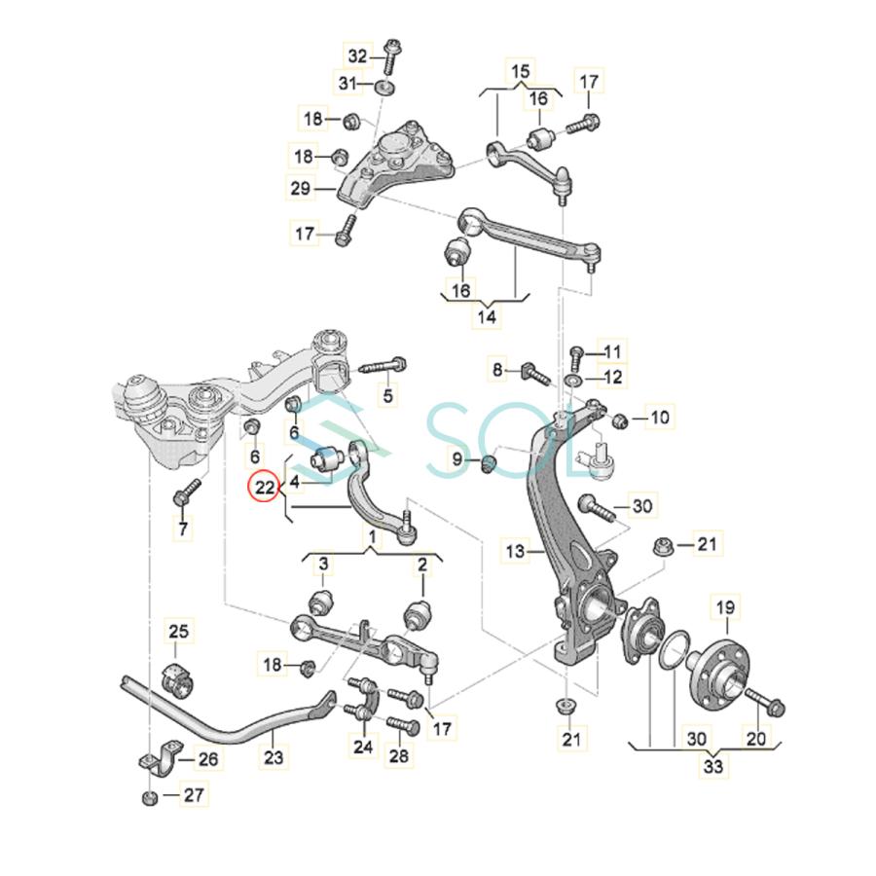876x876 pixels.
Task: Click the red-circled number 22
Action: [265, 486]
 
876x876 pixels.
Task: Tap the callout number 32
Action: [359, 56]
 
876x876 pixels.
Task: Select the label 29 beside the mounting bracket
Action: [300, 188]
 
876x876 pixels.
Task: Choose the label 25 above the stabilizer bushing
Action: [179, 632]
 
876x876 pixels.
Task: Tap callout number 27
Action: [194, 795]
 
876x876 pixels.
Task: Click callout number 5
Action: [388, 395]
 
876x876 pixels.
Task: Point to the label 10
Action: [660, 419]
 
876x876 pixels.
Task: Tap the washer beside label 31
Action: [384, 89]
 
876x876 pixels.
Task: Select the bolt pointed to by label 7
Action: [185, 492]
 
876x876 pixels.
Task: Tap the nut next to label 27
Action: [150, 798]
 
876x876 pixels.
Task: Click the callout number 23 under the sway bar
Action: [274, 757]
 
